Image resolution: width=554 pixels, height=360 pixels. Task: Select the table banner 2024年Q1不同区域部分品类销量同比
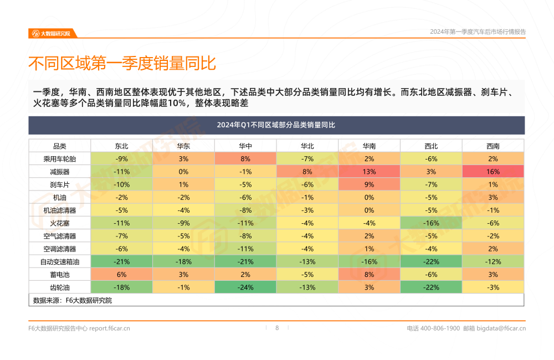276,125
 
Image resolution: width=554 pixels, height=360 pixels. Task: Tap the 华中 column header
245,146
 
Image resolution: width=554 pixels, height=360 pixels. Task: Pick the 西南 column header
493,146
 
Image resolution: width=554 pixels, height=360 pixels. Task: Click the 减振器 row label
59,172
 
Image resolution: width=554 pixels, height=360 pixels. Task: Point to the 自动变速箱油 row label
59,261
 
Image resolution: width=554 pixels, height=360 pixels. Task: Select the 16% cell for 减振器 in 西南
493,172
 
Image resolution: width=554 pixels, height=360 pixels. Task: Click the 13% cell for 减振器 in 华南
369,172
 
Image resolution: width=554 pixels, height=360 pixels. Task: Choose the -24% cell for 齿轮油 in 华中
245,287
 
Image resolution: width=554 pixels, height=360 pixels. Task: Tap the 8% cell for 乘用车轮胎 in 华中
245,159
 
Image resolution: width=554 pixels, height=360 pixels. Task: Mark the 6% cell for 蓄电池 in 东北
122,275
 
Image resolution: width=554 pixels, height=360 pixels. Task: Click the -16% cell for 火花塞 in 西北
431,223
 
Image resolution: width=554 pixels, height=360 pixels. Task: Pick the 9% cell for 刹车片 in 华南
369,184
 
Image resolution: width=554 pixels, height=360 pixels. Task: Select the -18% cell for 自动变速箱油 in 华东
183,261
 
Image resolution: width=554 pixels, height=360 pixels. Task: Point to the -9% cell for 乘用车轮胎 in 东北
122,159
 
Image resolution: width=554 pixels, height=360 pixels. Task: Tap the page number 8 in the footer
277,328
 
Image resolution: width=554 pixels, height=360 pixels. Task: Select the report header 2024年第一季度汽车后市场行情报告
478,32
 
